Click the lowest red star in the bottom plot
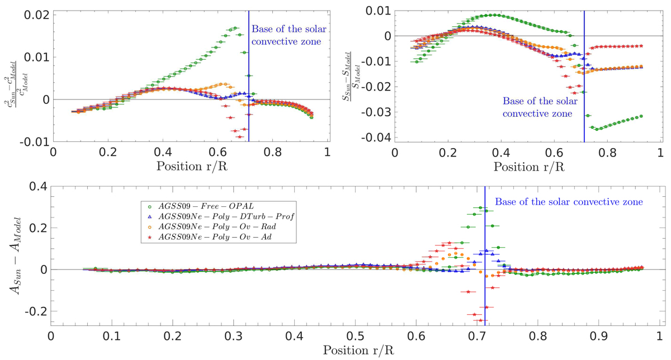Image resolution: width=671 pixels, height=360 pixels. pos(480,320)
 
